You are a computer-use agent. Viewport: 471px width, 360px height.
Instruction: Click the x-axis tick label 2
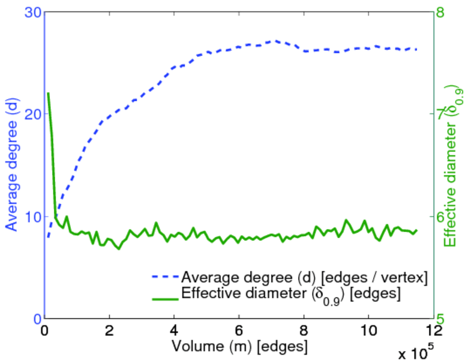pyautogui.click(x=109, y=331)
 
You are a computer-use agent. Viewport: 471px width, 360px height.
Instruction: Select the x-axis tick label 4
pyautogui.click(x=174, y=331)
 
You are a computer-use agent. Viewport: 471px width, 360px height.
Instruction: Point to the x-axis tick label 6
pyautogui.click(x=239, y=331)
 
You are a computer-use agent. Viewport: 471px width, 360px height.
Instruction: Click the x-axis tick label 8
pyautogui.click(x=304, y=331)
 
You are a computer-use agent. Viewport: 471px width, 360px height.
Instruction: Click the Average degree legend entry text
pyautogui.click(x=304, y=277)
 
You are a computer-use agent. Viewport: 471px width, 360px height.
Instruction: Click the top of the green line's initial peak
pyautogui.click(x=48, y=94)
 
